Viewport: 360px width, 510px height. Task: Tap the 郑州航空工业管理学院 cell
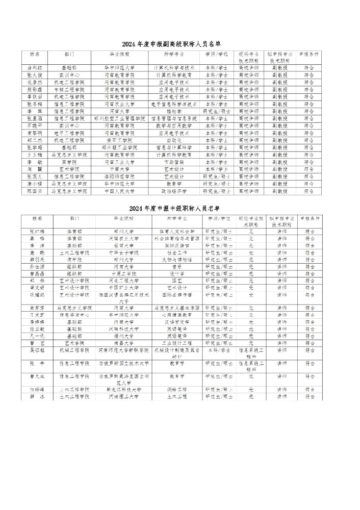coord(119,118)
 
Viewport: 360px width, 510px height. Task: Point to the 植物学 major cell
coord(173,111)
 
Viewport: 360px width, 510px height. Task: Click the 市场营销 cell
coord(173,162)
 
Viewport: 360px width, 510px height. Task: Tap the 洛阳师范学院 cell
coord(119,176)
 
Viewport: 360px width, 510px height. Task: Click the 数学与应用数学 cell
coord(173,125)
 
